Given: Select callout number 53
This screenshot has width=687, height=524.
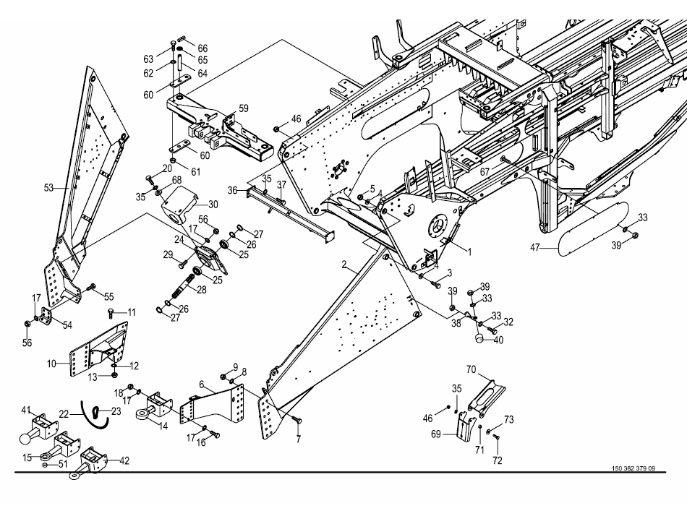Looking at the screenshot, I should tap(48, 189).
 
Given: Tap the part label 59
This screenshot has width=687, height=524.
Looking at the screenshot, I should tap(244, 108).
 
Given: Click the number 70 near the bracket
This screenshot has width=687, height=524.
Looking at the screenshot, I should tap(471, 370).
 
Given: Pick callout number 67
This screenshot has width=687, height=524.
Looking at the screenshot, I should tap(485, 171).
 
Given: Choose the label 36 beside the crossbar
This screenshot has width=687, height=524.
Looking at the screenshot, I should tap(232, 190).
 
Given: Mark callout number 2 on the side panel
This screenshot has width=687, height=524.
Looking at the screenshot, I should tap(345, 265).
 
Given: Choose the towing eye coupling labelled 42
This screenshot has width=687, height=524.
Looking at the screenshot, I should tap(92, 459).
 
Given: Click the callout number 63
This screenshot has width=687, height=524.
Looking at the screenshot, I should tap(148, 59).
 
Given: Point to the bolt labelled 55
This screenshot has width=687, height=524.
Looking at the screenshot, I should tap(91, 288).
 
